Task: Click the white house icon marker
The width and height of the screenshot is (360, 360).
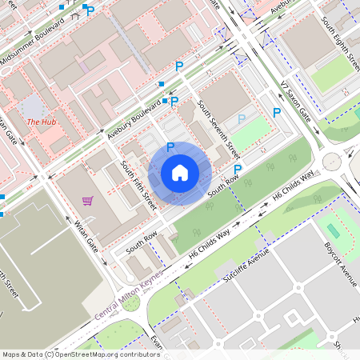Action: pyautogui.click(x=180, y=173)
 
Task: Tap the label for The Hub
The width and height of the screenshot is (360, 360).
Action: pyautogui.click(x=41, y=122)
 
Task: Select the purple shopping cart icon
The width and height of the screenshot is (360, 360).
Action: pyautogui.click(x=87, y=200)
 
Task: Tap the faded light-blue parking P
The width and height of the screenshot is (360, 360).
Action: pyautogui.click(x=242, y=119)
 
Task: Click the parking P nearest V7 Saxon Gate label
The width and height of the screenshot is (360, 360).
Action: pyautogui.click(x=277, y=113)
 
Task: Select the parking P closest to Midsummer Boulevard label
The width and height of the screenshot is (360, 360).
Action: pyautogui.click(x=90, y=11)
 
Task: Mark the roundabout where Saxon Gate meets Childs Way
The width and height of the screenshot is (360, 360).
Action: pyautogui.click(x=331, y=163)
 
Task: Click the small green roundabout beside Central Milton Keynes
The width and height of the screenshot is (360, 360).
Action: pyautogui.click(x=130, y=303)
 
